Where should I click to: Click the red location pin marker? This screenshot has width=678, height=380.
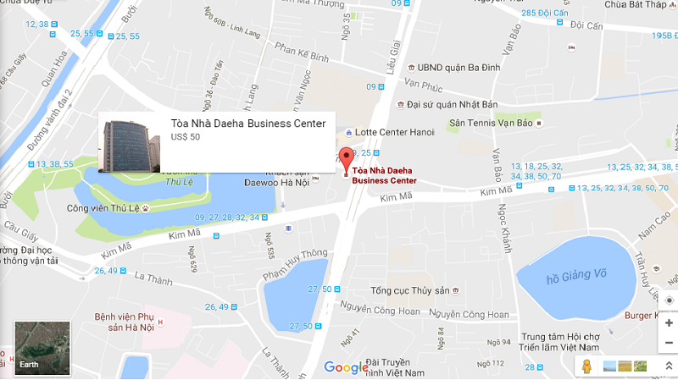(x=346, y=159)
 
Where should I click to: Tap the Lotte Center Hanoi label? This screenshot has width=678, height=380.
(x=394, y=132)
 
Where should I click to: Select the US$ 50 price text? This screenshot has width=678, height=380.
(x=186, y=137)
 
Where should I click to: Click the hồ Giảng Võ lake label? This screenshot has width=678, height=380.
(x=577, y=278)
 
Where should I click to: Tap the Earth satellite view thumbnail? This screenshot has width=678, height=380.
(x=42, y=348)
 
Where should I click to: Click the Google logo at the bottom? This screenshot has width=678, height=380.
(x=346, y=367)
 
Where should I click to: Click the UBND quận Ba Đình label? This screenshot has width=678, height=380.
(x=454, y=67)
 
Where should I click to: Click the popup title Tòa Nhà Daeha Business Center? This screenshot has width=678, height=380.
(x=248, y=124)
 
